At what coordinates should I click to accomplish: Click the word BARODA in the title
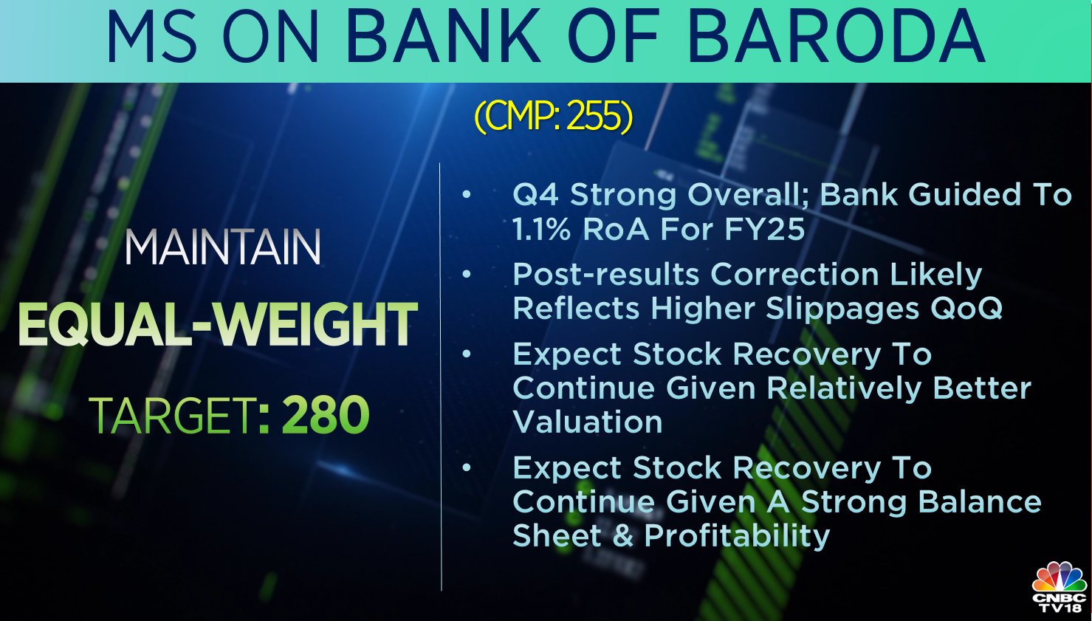point(837,38)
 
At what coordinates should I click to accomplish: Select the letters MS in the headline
point(151,38)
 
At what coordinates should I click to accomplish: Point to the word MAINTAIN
point(223,248)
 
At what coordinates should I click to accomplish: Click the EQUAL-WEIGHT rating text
point(218,324)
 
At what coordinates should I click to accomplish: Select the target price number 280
point(325,415)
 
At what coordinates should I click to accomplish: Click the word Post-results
point(606,275)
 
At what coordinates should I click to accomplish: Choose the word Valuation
point(588,422)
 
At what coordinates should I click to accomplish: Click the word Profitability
point(737,537)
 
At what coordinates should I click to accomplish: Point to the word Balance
point(979,502)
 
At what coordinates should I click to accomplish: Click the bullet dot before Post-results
point(467,275)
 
